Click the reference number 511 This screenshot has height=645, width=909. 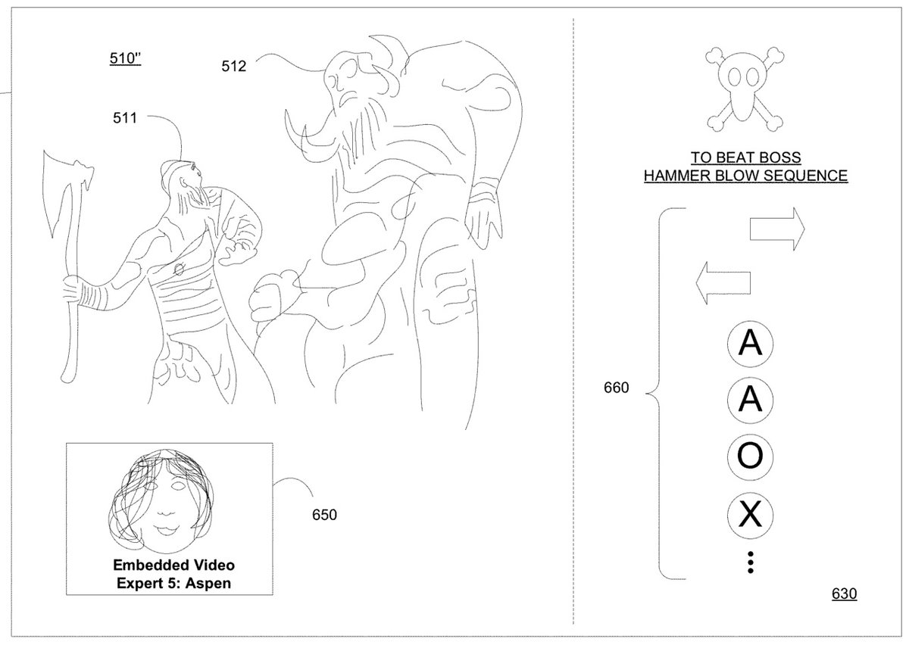point(125,118)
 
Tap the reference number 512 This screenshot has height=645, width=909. point(234,66)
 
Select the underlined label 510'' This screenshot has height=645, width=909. point(125,58)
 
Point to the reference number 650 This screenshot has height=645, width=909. point(324,516)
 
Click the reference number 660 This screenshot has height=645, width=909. point(617,388)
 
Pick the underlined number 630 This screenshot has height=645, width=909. point(844,594)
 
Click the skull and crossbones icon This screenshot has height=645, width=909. point(745,89)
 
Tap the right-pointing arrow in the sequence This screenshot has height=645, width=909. point(777,229)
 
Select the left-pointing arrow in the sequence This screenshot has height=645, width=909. point(723,282)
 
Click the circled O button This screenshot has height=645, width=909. point(750,457)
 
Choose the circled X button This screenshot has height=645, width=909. point(750,516)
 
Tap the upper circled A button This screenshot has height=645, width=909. point(750,344)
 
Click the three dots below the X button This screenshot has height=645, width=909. point(751,562)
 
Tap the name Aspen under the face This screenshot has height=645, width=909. point(208,584)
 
